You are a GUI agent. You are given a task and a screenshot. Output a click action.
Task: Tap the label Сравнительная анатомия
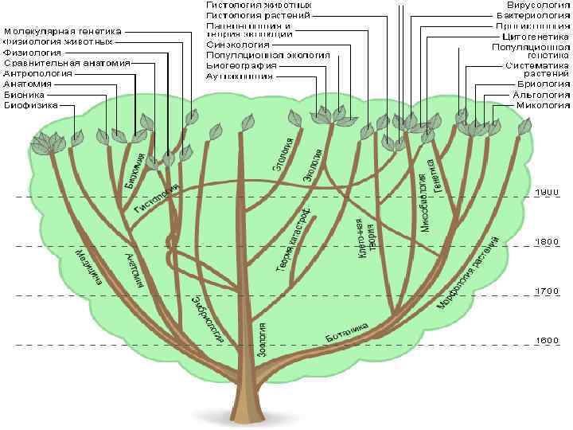(x=57, y=63)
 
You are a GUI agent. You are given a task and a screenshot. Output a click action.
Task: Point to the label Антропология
(x=37, y=73)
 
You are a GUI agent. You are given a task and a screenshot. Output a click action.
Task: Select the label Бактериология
(x=532, y=15)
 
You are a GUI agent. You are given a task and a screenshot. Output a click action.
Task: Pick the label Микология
(x=543, y=104)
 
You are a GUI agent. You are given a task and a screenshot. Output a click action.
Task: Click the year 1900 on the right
(x=547, y=192)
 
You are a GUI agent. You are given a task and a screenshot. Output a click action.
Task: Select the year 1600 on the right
(x=547, y=341)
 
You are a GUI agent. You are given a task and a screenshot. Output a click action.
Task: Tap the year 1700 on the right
(x=547, y=291)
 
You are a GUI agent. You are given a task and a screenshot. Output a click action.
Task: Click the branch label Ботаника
(x=348, y=334)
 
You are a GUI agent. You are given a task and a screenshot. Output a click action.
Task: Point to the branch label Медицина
(x=88, y=266)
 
